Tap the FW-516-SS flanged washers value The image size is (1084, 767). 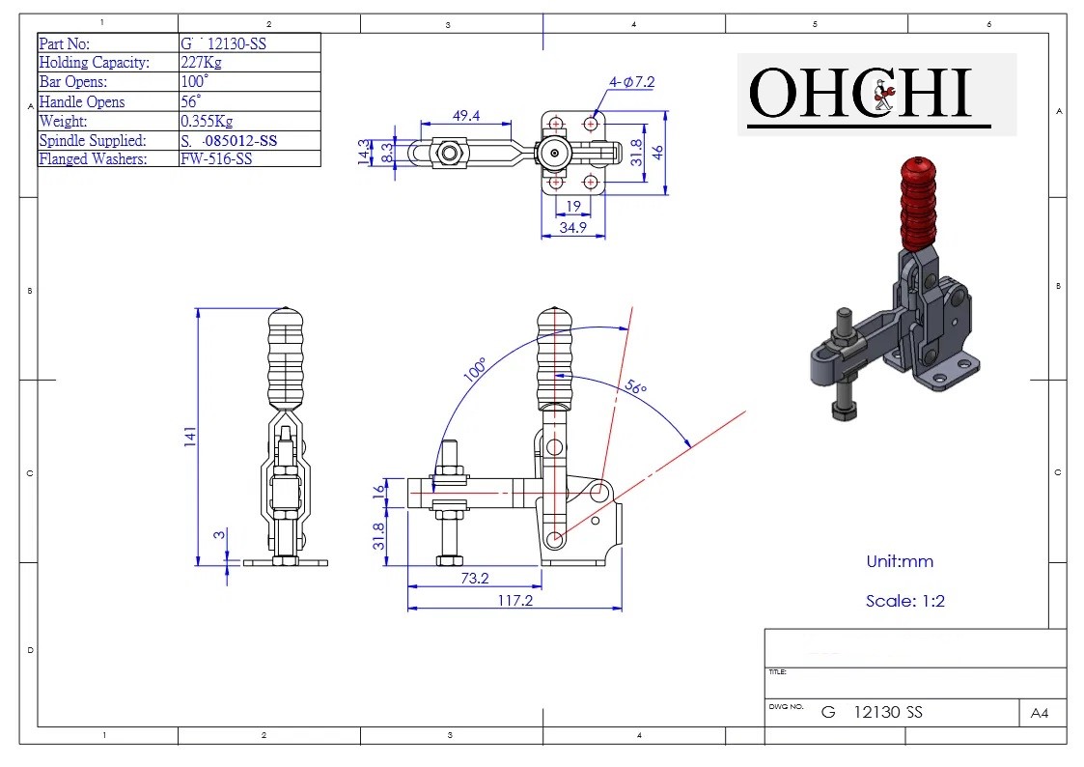coord(216,159)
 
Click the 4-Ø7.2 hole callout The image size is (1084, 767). coord(631,83)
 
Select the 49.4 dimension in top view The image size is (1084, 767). coord(467,116)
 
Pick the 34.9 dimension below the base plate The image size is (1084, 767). coord(573,227)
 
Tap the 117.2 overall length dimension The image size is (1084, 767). coord(514,600)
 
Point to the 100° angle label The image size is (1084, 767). coord(476,370)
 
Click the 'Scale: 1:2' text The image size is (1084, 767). coord(904,601)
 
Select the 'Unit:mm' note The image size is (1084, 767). coord(900,561)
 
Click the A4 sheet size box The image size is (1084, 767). coord(1040,713)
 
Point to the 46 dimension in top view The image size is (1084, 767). coord(656,153)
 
